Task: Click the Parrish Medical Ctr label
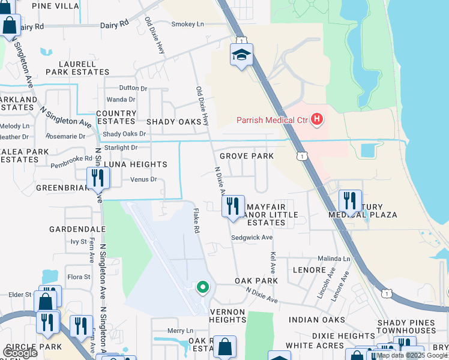[x=271, y=120]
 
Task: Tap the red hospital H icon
[x=317, y=120]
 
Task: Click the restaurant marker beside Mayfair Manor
[x=232, y=206]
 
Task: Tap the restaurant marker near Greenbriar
[x=97, y=178]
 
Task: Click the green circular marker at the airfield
[x=203, y=287]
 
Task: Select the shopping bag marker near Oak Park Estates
[x=224, y=347]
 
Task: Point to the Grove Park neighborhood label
[x=246, y=156]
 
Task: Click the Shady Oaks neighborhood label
[x=173, y=122]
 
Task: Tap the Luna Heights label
[x=135, y=164]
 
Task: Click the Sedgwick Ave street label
[x=252, y=238]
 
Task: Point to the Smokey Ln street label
[x=187, y=24]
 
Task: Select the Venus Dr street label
[x=143, y=179]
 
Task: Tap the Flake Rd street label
[x=196, y=221]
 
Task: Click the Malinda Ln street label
[x=334, y=259]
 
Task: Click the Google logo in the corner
[x=20, y=353]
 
